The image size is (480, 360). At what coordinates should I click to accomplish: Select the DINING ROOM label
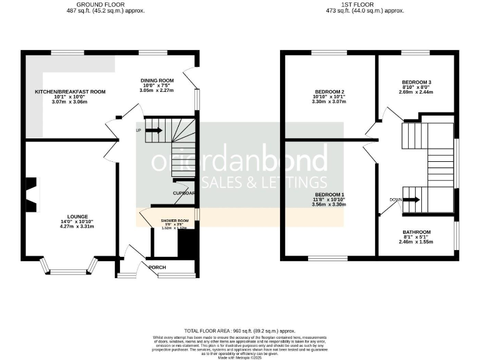coord(157,81)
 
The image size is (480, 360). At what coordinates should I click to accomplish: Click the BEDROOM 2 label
coord(330,92)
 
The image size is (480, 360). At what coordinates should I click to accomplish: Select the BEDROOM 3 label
coord(416,82)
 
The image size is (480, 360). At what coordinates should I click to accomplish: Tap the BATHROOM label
coord(417,231)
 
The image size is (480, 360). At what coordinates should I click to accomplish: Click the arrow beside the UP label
coord(154,130)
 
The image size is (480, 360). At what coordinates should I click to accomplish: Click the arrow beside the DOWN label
coord(411,200)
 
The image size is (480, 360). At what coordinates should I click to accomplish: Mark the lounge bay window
coord(69,269)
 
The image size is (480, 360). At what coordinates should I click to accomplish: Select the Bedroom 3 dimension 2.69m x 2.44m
coord(416,92)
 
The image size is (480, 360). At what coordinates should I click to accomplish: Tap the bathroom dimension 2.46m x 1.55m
coord(417,242)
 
